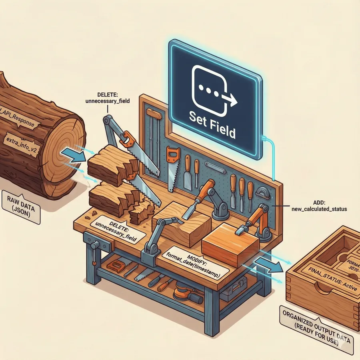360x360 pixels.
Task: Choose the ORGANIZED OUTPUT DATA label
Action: click(x=316, y=336)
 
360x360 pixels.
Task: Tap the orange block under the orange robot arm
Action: click(x=228, y=244)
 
